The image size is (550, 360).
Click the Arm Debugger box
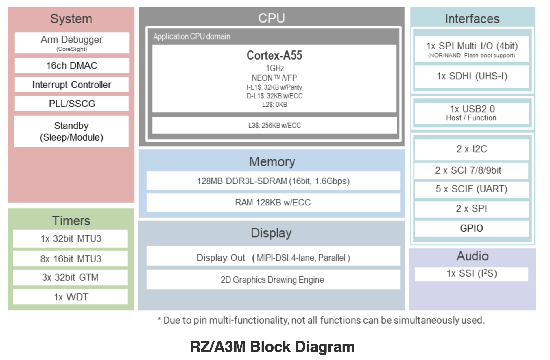click(72, 43)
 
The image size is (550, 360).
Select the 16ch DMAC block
click(72, 66)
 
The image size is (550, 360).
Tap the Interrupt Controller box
click(72, 85)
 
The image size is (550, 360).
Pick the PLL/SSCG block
click(72, 104)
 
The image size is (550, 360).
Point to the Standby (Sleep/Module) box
click(71, 131)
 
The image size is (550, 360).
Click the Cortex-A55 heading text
click(274, 55)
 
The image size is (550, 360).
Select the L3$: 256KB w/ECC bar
click(274, 125)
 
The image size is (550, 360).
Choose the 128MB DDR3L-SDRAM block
click(273, 181)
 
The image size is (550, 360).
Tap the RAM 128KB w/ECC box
click(273, 202)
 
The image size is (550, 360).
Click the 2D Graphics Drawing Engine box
click(273, 280)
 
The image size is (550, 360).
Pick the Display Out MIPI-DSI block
click(273, 257)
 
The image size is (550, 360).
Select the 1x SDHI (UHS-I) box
click(472, 76)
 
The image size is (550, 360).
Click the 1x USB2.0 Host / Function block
click(472, 113)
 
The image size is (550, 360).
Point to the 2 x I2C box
click(472, 149)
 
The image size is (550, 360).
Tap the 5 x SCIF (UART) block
click(472, 189)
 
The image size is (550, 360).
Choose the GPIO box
click(472, 228)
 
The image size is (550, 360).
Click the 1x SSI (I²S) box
click(472, 273)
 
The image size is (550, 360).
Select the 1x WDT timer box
click(71, 297)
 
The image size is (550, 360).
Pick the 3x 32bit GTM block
click(70, 277)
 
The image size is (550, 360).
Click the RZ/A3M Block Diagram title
click(272, 347)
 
